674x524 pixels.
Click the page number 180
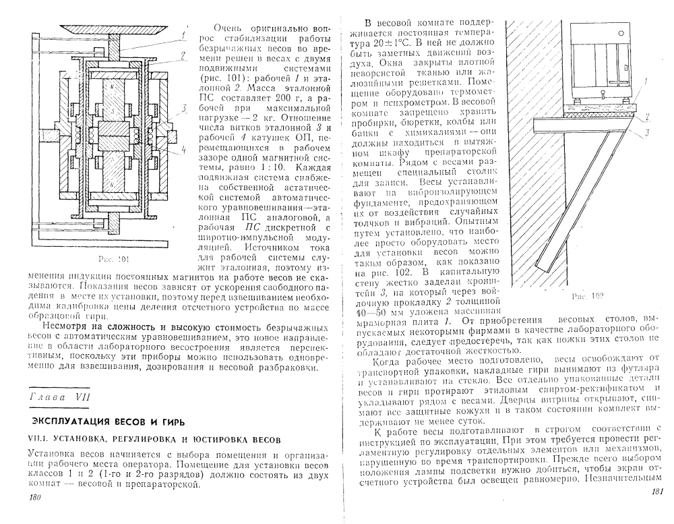pos(32,497)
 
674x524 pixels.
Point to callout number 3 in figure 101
pos(183,107)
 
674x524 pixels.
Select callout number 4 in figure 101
pos(183,150)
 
